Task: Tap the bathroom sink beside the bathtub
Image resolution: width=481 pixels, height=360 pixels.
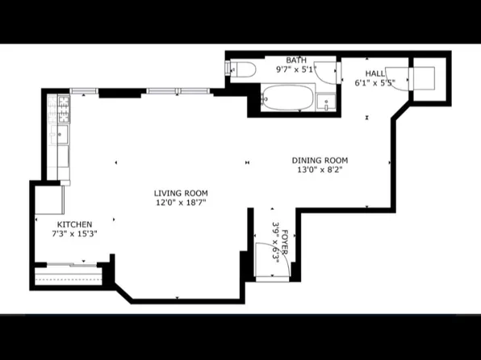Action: [324, 103]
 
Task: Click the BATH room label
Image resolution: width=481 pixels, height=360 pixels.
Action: [296, 60]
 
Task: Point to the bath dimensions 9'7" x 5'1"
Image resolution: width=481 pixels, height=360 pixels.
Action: [296, 69]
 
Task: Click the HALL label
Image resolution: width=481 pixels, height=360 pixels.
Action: [375, 73]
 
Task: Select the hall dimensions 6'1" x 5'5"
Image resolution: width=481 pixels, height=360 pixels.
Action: [375, 82]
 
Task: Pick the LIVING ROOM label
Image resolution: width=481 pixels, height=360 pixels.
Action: [181, 193]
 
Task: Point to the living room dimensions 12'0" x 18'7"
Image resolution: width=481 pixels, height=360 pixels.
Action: [181, 203]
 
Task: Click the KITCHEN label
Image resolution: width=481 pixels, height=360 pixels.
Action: [74, 224]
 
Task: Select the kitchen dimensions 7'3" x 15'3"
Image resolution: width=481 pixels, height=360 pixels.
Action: [74, 234]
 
